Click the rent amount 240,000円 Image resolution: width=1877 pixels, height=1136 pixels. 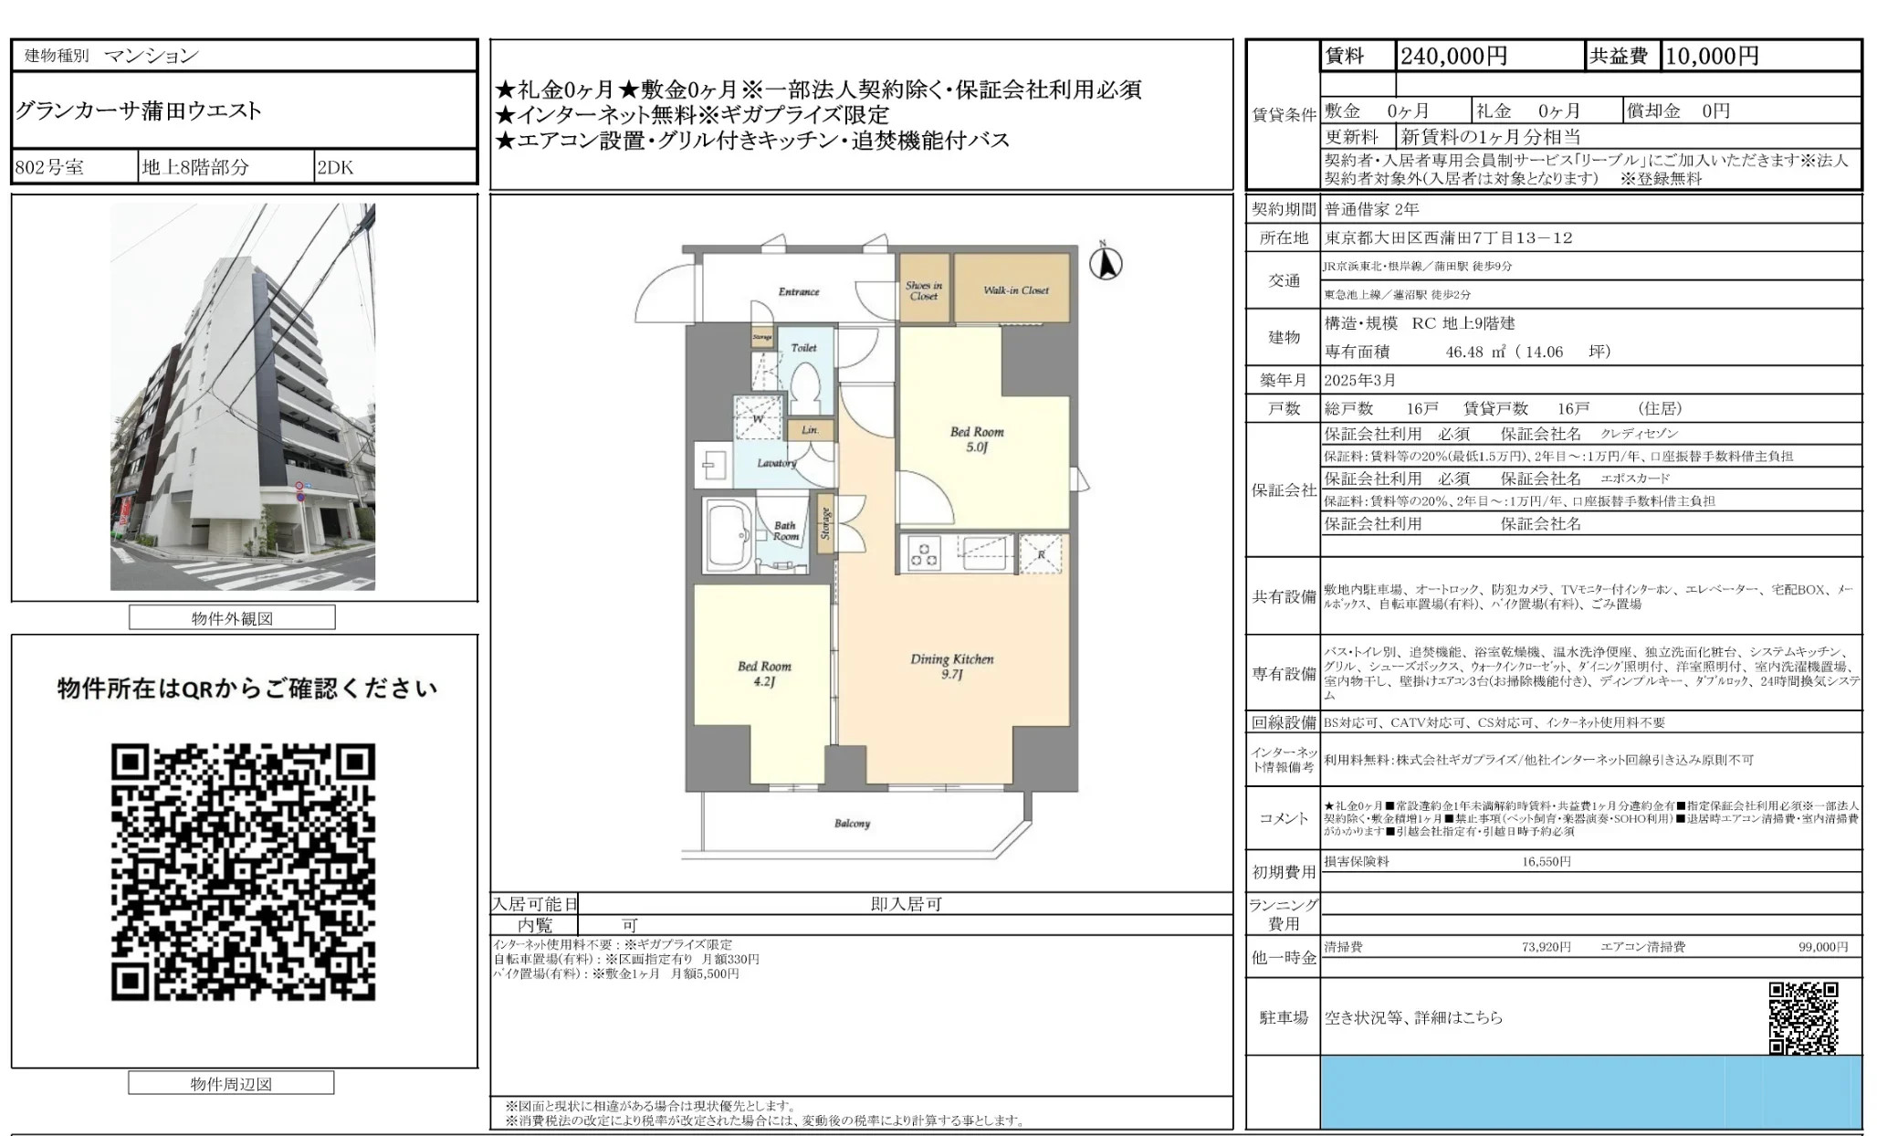point(1453,57)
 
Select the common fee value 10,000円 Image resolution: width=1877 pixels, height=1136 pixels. point(1712,57)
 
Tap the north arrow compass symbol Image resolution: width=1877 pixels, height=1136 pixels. point(1106,263)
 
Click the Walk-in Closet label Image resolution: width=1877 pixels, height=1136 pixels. point(1015,290)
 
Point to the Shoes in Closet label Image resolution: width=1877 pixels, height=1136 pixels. point(923,290)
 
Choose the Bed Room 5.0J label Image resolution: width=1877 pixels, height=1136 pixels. point(976,439)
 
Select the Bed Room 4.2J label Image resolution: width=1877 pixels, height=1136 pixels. point(764,673)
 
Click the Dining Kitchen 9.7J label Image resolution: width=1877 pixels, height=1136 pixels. point(951,666)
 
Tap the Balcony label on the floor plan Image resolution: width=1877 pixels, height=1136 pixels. point(852,824)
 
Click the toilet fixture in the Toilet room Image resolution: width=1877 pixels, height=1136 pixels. point(805,390)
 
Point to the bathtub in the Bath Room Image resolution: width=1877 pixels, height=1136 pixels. point(729,536)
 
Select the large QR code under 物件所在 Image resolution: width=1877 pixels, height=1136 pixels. point(243,872)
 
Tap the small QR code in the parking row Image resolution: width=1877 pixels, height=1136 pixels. point(1802,1017)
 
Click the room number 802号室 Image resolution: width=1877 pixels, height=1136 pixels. point(49,167)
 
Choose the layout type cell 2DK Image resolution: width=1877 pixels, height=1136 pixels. point(335,167)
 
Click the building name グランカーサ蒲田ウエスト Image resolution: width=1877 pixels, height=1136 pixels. point(139,111)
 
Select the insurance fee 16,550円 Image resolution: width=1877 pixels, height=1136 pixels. point(1546,861)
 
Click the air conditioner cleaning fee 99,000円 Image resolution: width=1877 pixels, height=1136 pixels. point(1822,947)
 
